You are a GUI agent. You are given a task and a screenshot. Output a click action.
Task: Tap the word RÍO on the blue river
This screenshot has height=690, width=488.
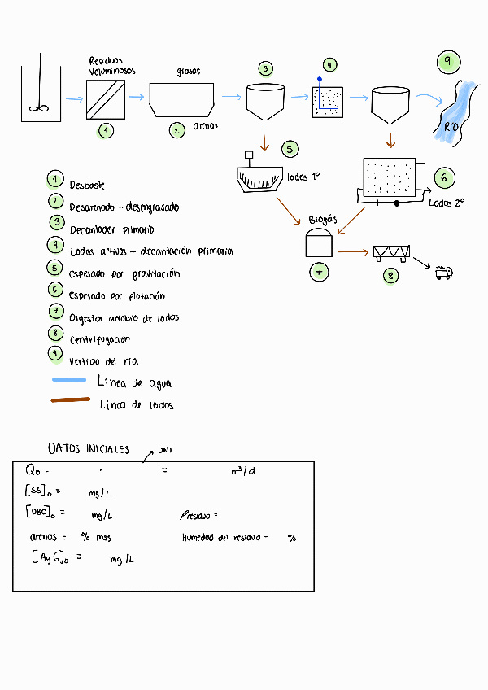click(x=452, y=126)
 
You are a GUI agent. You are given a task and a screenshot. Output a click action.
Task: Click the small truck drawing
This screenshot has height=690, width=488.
click(x=443, y=273)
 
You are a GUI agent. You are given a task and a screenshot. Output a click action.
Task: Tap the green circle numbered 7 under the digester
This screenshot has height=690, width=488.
click(x=319, y=271)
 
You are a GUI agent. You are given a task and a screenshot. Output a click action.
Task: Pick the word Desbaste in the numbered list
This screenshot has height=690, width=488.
click(x=87, y=186)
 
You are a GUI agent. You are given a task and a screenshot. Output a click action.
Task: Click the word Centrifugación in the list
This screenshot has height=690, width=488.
click(x=100, y=339)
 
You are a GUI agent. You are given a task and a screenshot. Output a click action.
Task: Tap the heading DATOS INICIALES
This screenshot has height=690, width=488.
click(x=89, y=448)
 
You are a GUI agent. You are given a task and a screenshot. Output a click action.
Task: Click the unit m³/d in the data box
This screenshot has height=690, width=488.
click(x=242, y=470)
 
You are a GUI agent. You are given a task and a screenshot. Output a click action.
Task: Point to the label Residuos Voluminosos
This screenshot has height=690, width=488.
click(x=111, y=66)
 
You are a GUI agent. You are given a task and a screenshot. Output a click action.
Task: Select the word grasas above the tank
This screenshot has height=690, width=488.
click(x=189, y=72)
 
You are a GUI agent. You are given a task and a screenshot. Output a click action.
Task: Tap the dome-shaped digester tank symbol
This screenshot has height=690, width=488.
click(x=318, y=242)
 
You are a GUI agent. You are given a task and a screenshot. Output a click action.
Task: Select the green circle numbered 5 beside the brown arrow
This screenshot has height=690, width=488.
click(x=290, y=149)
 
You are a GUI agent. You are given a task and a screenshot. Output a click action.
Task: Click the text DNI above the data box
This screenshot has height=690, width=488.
click(x=165, y=450)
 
